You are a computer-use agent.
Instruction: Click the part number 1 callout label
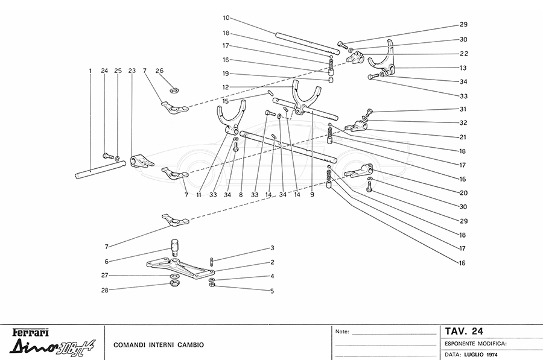(x=89, y=71)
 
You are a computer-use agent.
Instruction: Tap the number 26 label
(x=159, y=71)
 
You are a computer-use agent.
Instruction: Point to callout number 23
(x=132, y=71)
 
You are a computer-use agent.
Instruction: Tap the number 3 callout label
(x=272, y=248)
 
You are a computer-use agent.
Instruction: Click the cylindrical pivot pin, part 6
(x=174, y=245)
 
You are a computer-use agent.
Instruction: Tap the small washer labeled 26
(x=173, y=90)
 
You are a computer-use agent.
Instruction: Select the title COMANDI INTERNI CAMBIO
(x=158, y=345)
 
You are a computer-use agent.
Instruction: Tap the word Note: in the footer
(x=342, y=332)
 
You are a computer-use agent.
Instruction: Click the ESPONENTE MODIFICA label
(x=475, y=343)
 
